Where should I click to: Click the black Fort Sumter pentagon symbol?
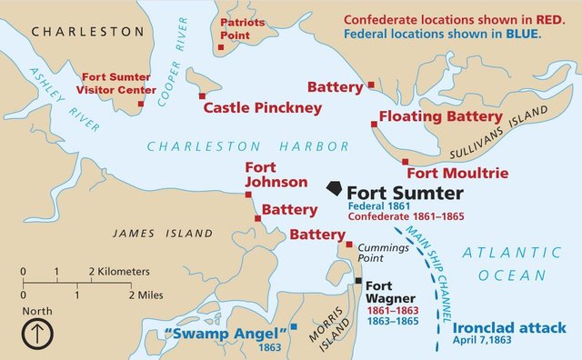[335, 187]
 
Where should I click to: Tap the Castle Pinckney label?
[262, 108]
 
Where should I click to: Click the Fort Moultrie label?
[457, 173]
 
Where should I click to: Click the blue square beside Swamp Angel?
[294, 326]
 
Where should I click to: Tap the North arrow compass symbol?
[37, 334]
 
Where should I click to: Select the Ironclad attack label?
[509, 327]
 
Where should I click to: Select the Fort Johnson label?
[265, 175]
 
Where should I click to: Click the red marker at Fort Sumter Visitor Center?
[141, 104]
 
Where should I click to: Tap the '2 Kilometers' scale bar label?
[119, 272]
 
